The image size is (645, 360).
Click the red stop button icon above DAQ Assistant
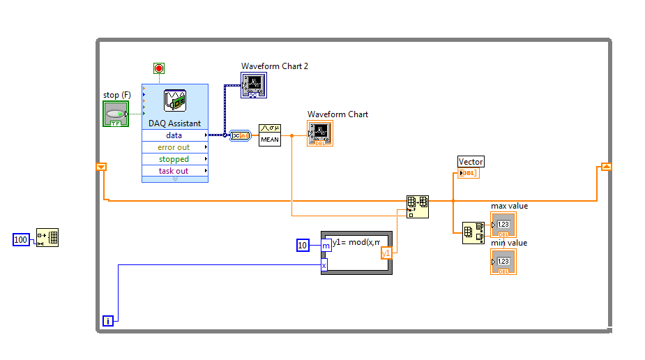(159, 68)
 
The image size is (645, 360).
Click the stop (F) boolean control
(115, 114)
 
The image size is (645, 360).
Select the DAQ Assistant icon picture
(174, 101)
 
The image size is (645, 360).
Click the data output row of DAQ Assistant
(174, 135)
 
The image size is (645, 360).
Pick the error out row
(174, 147)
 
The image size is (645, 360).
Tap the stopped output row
(174, 159)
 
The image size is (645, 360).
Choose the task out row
(174, 171)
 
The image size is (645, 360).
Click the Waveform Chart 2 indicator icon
(255, 85)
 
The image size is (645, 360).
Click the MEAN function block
(270, 135)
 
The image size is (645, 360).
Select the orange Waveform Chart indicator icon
(320, 133)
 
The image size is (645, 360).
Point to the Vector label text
(471, 162)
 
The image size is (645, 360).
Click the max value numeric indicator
(503, 225)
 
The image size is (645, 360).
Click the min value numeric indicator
(503, 262)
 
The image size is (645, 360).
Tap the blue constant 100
(22, 240)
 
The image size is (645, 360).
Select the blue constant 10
(303, 245)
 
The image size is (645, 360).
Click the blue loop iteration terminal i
(108, 321)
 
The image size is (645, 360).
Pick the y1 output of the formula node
(386, 253)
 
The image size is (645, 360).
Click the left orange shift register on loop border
(102, 167)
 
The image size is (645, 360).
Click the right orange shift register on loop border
(606, 167)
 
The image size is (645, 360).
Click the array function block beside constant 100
(47, 238)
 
